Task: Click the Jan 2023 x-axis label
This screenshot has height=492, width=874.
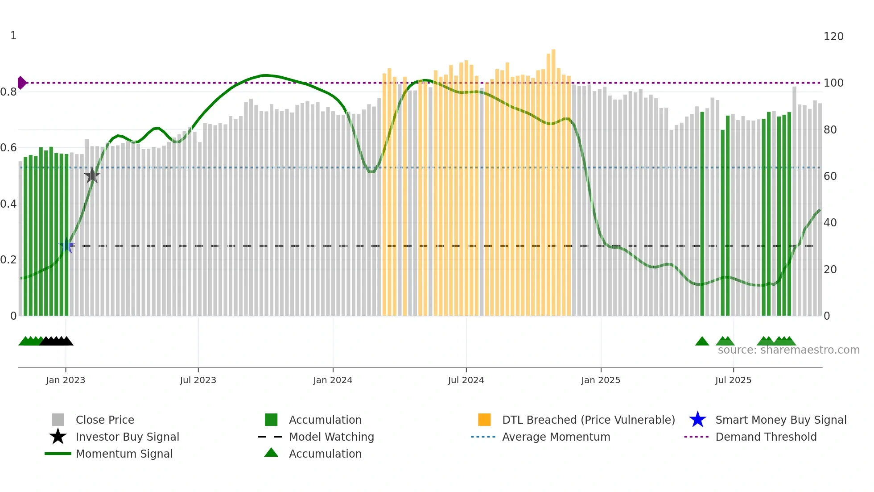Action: click(x=66, y=380)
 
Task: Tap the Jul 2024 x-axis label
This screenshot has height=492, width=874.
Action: click(x=466, y=380)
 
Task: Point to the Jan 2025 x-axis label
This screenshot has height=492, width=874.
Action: click(x=601, y=380)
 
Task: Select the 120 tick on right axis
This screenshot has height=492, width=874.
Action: click(x=833, y=37)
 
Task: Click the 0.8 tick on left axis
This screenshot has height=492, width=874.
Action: click(x=8, y=92)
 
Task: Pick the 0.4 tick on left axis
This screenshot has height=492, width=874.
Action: click(x=8, y=204)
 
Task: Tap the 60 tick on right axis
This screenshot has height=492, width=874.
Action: click(x=830, y=176)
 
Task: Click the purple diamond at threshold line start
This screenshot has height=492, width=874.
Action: click(x=21, y=83)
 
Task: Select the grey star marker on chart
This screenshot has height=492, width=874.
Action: click(x=92, y=175)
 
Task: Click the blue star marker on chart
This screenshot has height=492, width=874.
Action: click(x=67, y=246)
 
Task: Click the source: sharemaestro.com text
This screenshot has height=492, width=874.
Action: click(x=788, y=350)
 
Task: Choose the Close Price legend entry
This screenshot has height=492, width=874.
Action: click(x=105, y=420)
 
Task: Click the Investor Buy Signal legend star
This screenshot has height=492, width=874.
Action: click(x=58, y=437)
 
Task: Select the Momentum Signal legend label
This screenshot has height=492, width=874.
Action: click(x=124, y=454)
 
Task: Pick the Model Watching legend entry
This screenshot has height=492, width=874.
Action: click(x=331, y=437)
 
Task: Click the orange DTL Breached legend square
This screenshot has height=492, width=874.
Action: click(x=484, y=420)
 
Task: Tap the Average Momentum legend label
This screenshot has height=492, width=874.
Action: click(x=556, y=437)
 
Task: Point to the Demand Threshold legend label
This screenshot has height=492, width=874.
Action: click(x=766, y=437)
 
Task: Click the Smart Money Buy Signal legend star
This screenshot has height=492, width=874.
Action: click(x=697, y=420)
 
